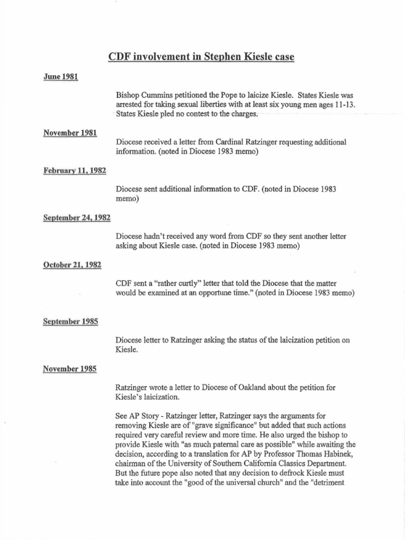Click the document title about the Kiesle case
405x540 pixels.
coord(201,57)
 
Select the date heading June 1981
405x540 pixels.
coord(61,77)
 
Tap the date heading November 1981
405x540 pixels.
coord(70,133)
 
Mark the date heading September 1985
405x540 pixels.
coord(71,321)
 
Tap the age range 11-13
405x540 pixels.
coord(343,105)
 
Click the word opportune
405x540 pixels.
coord(223,293)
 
